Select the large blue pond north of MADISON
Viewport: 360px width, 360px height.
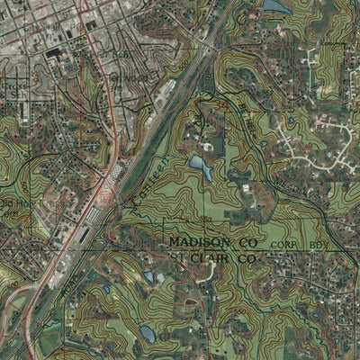pos(199,166)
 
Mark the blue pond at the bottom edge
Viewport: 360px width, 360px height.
pos(148,334)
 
